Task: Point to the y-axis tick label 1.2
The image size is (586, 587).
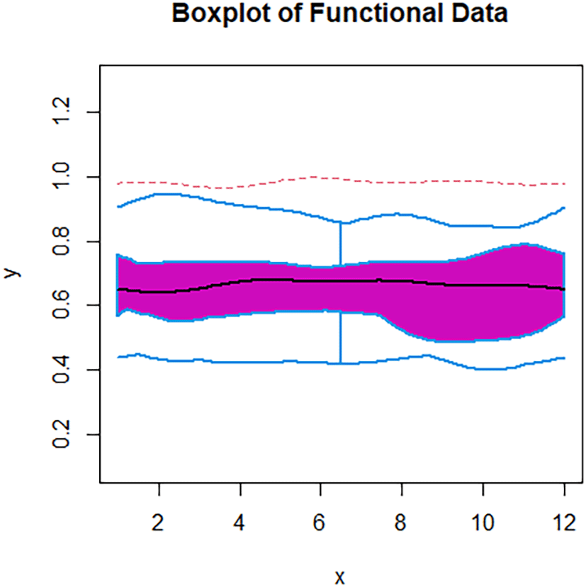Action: (x=65, y=112)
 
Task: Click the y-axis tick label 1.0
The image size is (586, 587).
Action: (x=65, y=177)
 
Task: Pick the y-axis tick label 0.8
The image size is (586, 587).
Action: (x=65, y=241)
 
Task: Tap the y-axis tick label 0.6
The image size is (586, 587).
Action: (x=65, y=305)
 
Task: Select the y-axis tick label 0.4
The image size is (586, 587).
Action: (x=65, y=370)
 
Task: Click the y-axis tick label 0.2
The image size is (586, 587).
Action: (x=65, y=434)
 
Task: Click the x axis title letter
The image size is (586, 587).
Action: (x=340, y=577)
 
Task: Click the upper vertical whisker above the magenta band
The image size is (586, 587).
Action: (x=341, y=244)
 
